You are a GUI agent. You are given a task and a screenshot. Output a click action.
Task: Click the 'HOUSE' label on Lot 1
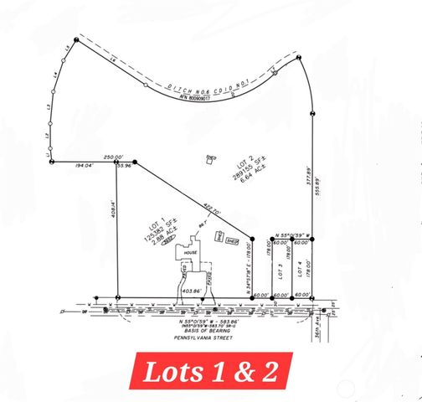pos(190,251)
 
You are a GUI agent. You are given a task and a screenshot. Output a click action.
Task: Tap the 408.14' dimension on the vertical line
pos(113,207)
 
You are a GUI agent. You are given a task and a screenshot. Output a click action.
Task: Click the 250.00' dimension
pos(113,157)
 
